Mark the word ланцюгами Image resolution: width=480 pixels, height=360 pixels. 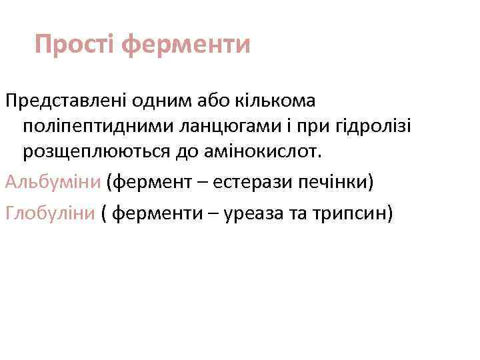click(x=221, y=127)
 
